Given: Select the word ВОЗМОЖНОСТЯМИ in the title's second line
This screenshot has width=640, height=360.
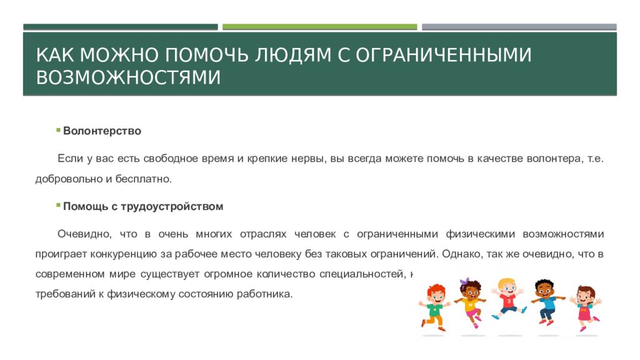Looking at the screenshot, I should (128, 78).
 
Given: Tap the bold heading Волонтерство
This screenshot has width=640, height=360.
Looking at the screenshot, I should (102, 131).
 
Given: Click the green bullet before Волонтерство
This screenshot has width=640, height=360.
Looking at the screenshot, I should (57, 129).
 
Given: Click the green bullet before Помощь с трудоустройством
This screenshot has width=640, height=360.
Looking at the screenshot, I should (57, 204).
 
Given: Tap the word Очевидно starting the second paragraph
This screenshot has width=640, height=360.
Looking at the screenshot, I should (79, 234).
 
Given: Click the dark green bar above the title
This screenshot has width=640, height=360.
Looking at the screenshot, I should (121, 27).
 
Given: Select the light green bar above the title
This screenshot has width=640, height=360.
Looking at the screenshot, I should (319, 27).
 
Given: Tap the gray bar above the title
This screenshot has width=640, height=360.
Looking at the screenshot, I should (519, 27).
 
